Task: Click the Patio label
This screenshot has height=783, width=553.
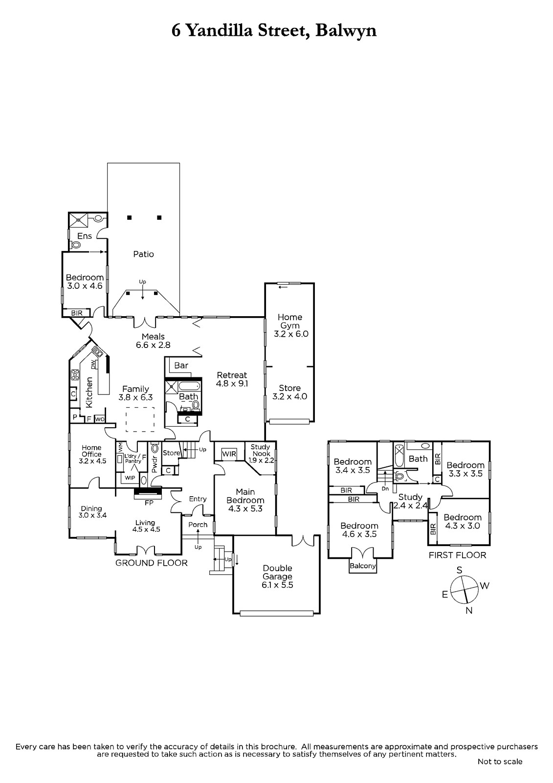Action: (143, 254)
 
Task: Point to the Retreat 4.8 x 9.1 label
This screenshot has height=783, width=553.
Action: (232, 379)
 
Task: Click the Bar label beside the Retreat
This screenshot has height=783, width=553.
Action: (181, 365)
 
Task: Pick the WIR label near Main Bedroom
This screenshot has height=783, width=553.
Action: (229, 454)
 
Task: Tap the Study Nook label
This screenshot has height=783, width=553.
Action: (261, 450)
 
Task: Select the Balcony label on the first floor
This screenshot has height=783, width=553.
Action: (363, 566)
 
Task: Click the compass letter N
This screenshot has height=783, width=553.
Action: (469, 610)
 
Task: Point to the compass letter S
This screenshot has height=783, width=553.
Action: (460, 570)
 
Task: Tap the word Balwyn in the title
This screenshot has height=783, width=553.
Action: (346, 31)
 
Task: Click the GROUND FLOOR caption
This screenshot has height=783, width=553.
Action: (151, 563)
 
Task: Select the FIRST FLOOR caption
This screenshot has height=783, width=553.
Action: (457, 555)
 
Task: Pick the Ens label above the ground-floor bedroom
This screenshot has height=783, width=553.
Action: (85, 236)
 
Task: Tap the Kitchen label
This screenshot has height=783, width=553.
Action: (89, 392)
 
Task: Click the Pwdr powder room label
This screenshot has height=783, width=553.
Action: (155, 465)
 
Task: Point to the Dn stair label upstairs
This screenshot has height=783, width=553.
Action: (385, 489)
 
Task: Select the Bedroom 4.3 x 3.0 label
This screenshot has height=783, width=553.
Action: (463, 521)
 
